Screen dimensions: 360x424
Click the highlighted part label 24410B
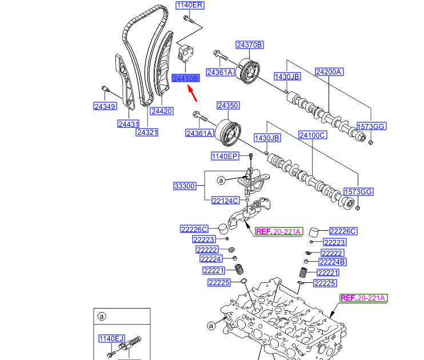click(185, 78)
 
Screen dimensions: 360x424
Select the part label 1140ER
click(190, 6)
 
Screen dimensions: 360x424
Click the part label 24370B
click(250, 45)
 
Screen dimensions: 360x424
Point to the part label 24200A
click(329, 72)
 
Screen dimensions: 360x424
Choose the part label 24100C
click(312, 135)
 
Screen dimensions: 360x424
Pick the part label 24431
click(129, 123)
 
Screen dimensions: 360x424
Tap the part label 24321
click(147, 133)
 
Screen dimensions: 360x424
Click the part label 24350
click(227, 106)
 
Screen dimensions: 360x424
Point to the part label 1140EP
click(224, 155)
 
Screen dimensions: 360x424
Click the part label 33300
click(185, 186)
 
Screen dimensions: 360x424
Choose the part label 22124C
click(225, 201)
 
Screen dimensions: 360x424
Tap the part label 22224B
click(333, 262)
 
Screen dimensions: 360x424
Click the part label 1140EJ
click(111, 338)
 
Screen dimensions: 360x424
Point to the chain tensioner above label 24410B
click(186, 54)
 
